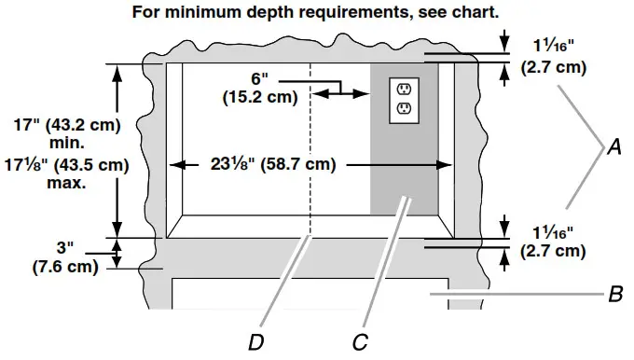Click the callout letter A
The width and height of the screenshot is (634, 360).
pos(614,146)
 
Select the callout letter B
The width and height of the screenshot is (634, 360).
pos(615,294)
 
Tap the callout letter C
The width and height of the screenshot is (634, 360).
pos(360,342)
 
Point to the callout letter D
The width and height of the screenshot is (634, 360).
pos(256,342)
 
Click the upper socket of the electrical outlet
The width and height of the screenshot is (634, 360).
pos(404,89)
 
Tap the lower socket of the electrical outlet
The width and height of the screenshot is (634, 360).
pos(404,108)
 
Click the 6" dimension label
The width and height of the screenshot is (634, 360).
pos(259,79)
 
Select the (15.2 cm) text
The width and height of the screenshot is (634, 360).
pos(260,97)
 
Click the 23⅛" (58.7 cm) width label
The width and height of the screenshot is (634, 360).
pos(273,164)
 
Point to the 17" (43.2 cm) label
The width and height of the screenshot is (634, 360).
pos(67,125)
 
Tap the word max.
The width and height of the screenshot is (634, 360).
pos(66,183)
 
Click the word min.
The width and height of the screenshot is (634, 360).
pos(67,143)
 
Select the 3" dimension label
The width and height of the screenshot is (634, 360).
pos(65,247)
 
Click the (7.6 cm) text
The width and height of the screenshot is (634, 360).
pos(65,267)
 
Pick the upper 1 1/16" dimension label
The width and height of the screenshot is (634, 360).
pos(554,46)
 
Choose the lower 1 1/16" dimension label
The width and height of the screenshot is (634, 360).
pos(553,232)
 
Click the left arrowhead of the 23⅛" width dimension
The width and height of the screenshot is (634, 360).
pos(177,165)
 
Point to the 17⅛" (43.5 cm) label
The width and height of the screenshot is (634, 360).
pos(67,165)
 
